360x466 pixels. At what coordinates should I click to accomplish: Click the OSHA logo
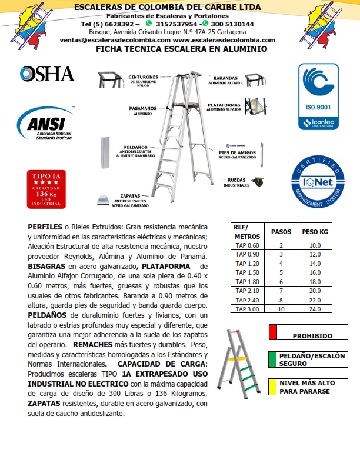point(47,74)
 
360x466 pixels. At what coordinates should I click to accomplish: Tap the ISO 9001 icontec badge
point(318,96)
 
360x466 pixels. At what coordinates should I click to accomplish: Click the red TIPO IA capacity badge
point(44,189)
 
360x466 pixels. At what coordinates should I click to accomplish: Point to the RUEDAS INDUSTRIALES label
point(236,182)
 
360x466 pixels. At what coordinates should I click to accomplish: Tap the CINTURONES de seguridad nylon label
point(143,81)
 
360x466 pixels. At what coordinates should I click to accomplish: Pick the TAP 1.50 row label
point(246,273)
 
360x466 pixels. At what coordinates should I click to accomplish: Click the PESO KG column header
point(315,232)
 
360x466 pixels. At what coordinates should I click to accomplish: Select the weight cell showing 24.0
point(315,309)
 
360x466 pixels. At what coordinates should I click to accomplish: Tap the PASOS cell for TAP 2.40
point(281,300)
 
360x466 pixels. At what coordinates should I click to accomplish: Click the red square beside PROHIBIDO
point(272,332)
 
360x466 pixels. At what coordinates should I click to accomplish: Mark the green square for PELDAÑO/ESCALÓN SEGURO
point(272,359)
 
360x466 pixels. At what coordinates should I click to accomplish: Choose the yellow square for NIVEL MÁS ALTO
point(272,386)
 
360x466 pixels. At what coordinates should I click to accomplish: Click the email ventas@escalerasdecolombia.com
point(115,40)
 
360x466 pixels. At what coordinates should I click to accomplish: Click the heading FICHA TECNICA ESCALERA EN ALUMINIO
point(181,49)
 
